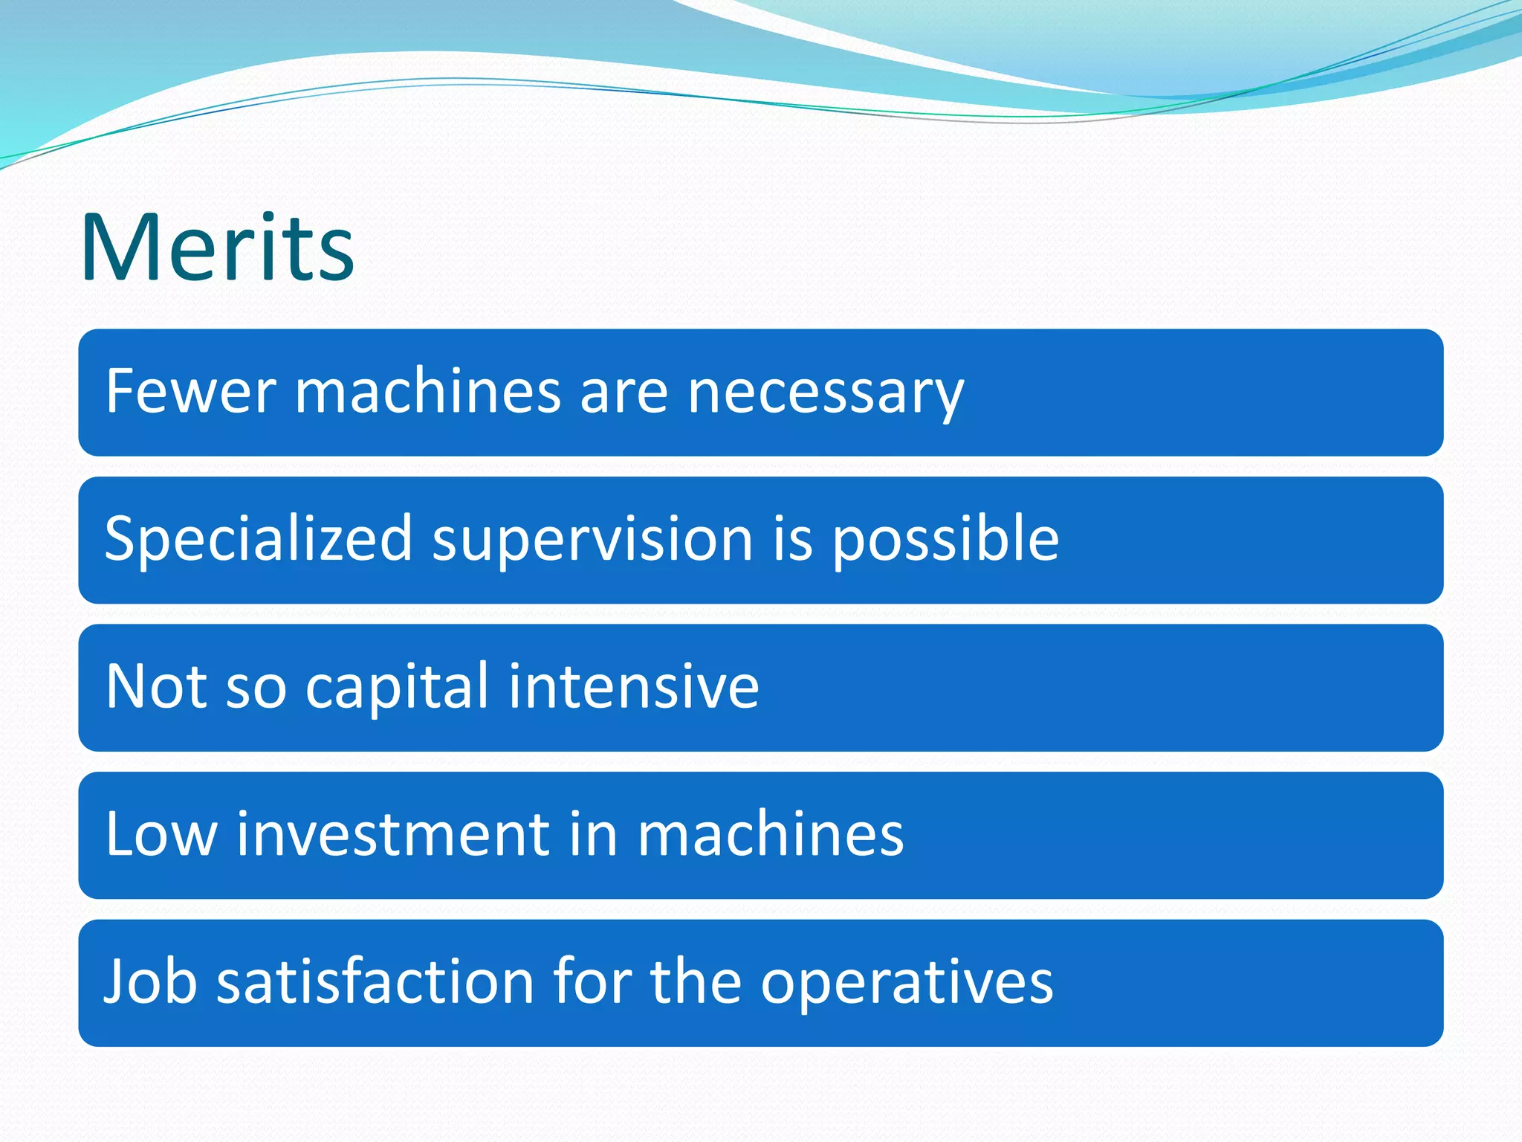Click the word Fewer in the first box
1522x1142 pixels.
(190, 391)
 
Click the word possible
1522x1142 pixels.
(945, 539)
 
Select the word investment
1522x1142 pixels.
(393, 834)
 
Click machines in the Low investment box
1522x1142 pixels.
(770, 834)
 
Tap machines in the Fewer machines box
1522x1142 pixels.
(428, 391)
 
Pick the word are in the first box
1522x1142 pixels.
(624, 393)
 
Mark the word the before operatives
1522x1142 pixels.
(696, 982)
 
